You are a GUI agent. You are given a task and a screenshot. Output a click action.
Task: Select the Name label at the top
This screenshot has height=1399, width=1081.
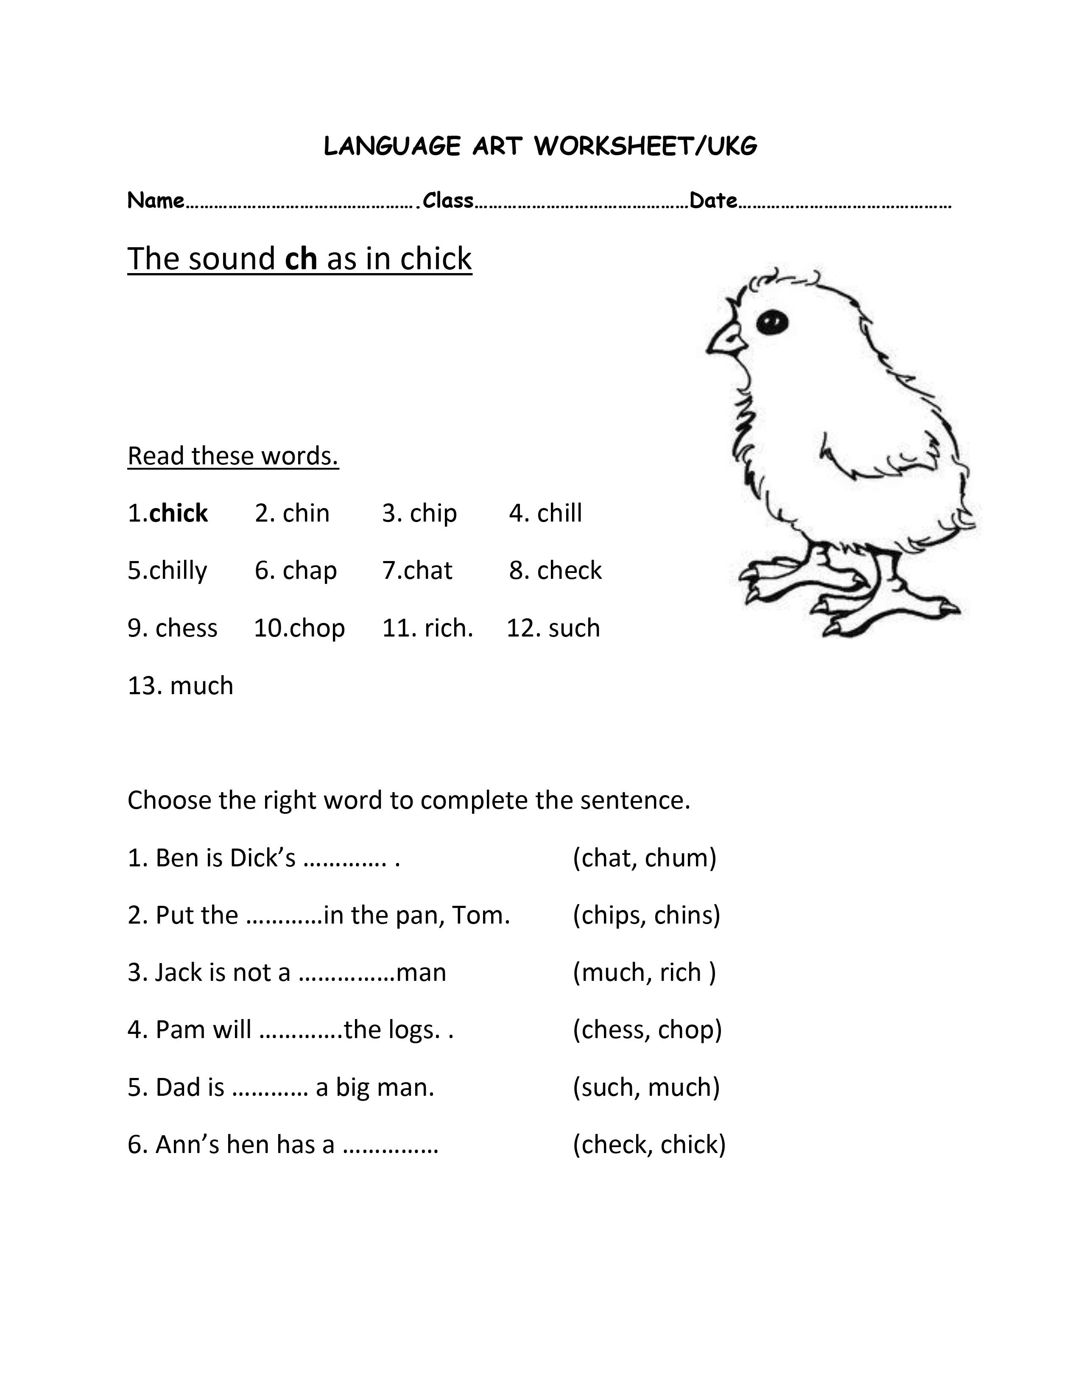point(156,201)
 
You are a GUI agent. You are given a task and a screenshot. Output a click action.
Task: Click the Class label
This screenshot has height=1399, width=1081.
point(448,201)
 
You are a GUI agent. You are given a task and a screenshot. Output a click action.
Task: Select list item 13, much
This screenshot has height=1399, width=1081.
point(201,685)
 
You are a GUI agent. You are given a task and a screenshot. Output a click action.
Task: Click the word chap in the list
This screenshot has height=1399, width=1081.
point(310,570)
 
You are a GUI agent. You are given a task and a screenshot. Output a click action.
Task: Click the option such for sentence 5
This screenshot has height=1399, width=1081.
point(607,1087)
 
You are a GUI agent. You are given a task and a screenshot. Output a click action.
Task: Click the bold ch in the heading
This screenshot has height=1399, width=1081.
point(301,258)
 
